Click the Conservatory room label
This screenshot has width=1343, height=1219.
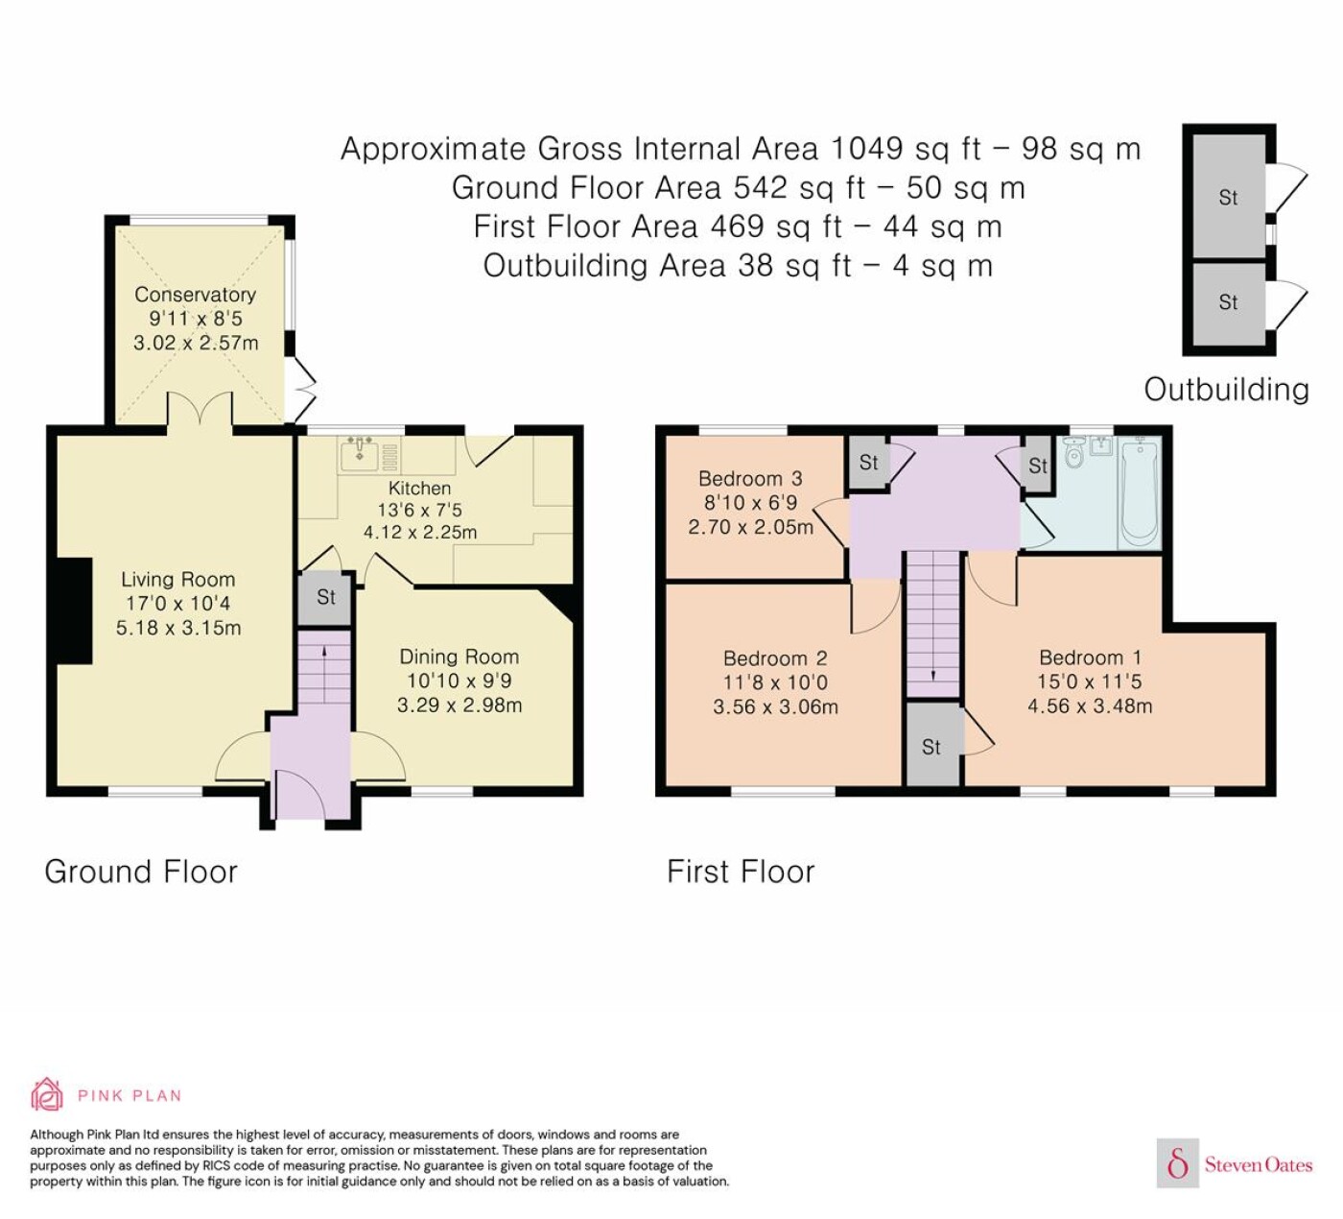[x=196, y=295]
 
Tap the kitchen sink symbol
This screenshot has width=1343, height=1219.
[x=361, y=453]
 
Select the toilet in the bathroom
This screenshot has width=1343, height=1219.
[x=1073, y=452]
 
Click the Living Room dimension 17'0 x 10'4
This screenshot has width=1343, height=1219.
[x=178, y=603]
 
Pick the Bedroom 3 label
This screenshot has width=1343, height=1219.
[x=750, y=479]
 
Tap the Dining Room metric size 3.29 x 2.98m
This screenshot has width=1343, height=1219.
[x=459, y=705]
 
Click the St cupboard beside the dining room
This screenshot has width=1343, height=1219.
[x=325, y=598]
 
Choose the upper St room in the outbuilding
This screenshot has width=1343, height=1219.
[x=1229, y=197]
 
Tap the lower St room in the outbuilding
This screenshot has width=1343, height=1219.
[x=1229, y=303]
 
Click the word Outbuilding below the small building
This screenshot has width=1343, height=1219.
[x=1227, y=390]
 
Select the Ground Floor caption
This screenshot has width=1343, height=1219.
[x=141, y=872]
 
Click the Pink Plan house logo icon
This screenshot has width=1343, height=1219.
[x=47, y=1094]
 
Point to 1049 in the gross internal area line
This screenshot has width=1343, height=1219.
[x=867, y=148]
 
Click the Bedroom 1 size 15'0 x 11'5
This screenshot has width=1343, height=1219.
[x=1089, y=681]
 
